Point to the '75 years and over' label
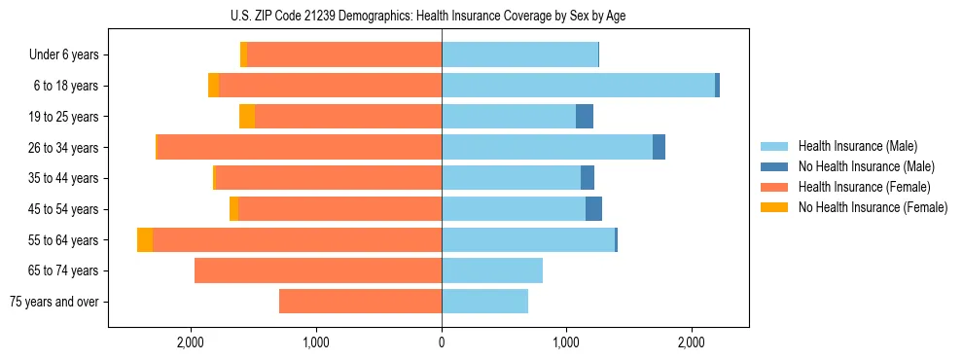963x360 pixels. coord(53,302)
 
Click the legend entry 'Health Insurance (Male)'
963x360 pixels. coord(851,147)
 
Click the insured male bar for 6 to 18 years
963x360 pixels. coord(578,86)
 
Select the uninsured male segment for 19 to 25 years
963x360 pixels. coord(585,117)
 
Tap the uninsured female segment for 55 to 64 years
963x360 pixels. coord(145,240)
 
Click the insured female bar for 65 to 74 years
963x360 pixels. coord(318,270)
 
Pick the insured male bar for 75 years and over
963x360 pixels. coord(484,302)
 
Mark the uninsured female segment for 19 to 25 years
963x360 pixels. coord(247,117)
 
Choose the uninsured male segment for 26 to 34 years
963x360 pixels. coord(659,148)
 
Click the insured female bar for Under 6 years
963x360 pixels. coord(344,55)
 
